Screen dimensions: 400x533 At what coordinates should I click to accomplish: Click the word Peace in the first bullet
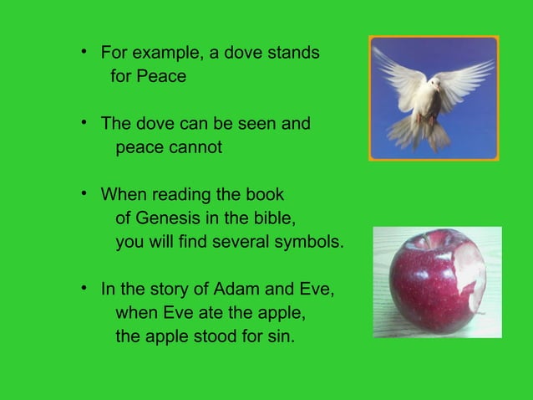(162, 77)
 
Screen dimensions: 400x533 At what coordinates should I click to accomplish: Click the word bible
(273, 219)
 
